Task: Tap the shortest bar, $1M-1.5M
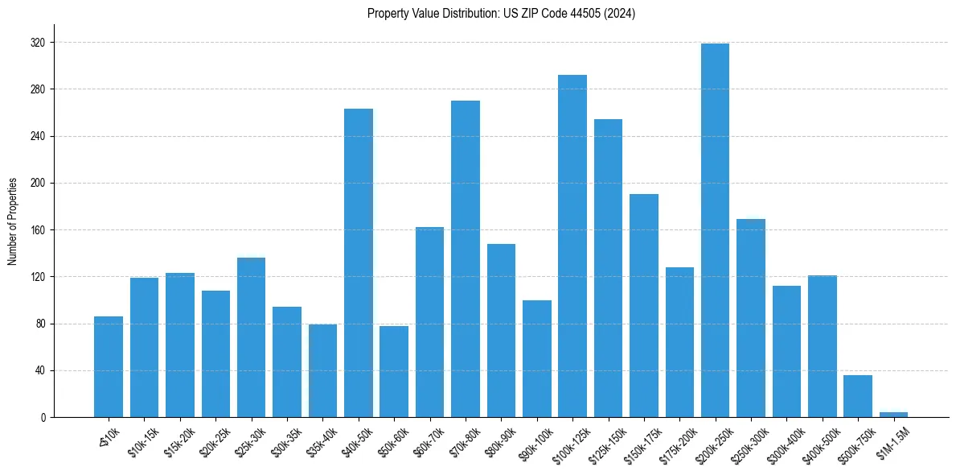coord(893,415)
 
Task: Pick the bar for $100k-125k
coord(572,246)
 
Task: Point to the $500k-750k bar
coord(858,396)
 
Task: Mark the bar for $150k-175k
coord(644,306)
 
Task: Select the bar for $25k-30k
coord(252,337)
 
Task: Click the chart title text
coord(501,14)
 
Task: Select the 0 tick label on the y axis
coord(43,418)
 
